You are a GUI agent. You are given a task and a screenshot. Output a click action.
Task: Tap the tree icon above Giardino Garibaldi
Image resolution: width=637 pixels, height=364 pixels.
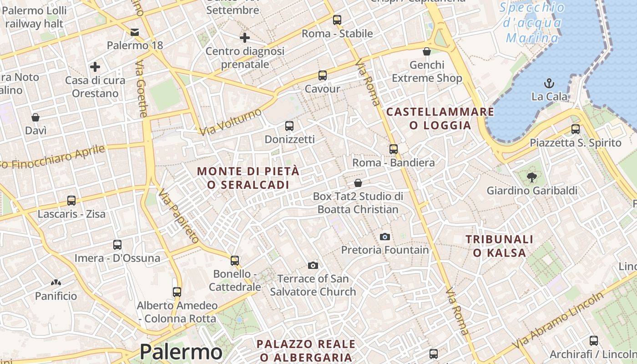click(x=531, y=177)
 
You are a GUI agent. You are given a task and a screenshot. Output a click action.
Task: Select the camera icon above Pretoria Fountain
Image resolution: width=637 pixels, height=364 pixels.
click(x=384, y=237)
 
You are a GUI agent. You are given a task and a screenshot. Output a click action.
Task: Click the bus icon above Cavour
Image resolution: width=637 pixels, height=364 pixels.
click(x=323, y=75)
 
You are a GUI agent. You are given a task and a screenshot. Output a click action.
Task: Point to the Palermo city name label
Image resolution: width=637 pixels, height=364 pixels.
click(x=181, y=352)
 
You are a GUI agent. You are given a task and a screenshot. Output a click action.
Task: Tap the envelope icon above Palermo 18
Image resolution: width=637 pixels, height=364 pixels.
click(x=135, y=32)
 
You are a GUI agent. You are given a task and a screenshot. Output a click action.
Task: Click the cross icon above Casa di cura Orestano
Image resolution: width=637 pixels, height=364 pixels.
click(x=95, y=67)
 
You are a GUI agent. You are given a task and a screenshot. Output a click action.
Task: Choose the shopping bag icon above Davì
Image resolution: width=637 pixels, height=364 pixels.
click(x=35, y=117)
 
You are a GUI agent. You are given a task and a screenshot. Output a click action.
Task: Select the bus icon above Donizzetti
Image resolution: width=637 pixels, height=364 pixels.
click(x=289, y=126)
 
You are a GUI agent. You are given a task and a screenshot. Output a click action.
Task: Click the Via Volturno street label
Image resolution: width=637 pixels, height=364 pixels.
click(x=231, y=121)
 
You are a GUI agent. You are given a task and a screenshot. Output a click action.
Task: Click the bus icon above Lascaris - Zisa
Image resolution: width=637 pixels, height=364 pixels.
click(x=71, y=200)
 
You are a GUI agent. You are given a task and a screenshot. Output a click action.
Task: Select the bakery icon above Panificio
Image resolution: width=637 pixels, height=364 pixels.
click(x=56, y=283)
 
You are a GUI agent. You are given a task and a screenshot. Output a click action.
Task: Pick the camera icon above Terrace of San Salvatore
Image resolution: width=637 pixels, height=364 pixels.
click(x=313, y=265)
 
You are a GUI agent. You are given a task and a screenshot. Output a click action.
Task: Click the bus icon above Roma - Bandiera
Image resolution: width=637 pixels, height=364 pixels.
click(x=394, y=149)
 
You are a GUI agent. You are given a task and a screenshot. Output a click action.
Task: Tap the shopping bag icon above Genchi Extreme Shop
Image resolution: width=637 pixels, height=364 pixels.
click(x=427, y=51)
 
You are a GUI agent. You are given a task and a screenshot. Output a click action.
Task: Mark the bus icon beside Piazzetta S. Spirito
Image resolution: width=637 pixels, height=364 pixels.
click(x=576, y=129)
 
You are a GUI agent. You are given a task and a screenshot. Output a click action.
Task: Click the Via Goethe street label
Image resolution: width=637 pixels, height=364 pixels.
click(x=141, y=89)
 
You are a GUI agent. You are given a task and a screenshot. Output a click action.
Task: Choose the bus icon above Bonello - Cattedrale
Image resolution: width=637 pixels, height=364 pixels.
click(x=235, y=260)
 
